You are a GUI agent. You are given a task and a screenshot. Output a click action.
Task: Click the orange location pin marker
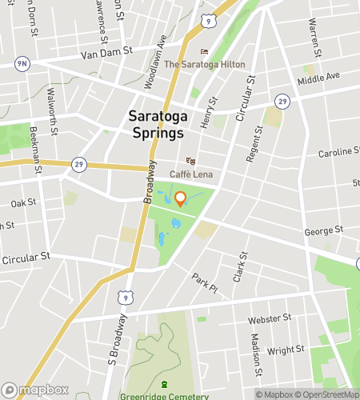(x=180, y=199)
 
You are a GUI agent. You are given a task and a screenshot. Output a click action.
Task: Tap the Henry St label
(x=210, y=113)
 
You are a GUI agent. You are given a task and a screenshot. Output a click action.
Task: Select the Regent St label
(x=254, y=145)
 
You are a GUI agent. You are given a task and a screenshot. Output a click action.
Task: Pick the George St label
(x=324, y=230)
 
